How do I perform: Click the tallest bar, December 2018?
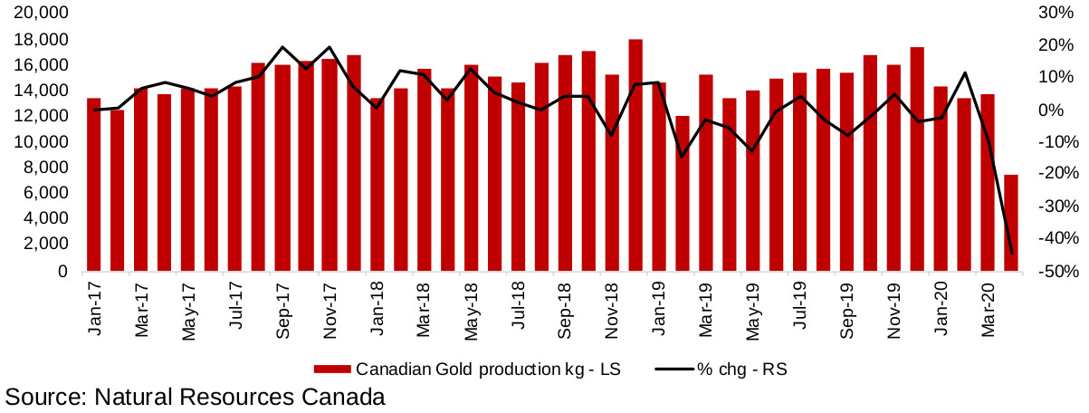(x=635, y=155)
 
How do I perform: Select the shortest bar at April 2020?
(x=1011, y=223)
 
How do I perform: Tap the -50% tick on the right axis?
(x=1055, y=271)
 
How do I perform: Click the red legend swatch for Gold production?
(x=332, y=370)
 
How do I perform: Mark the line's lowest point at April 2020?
(x=1011, y=254)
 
